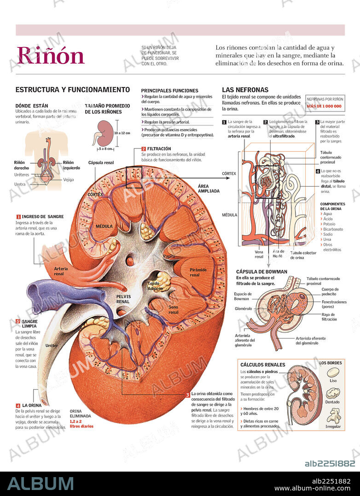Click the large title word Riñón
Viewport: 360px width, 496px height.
point(51,56)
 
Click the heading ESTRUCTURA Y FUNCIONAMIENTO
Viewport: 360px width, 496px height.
point(73,90)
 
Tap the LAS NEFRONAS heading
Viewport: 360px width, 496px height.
point(245,90)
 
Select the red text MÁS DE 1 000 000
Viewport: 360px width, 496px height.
point(324,106)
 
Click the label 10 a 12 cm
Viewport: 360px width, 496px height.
point(122,133)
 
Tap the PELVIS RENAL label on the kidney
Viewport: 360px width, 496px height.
point(122,298)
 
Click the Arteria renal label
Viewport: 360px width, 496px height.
point(61,271)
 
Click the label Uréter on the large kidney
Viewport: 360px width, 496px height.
point(52,345)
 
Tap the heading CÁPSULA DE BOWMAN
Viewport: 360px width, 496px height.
point(261,272)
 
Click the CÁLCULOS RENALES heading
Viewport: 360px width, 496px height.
point(262,365)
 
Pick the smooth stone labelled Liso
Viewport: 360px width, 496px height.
point(333,372)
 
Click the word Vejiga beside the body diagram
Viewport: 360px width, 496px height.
point(68,180)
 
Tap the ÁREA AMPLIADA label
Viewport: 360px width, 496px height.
point(208,188)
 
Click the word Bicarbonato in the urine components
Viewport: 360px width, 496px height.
point(333,229)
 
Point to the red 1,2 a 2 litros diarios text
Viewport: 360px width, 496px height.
point(81,424)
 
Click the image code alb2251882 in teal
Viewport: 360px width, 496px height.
point(330,464)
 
